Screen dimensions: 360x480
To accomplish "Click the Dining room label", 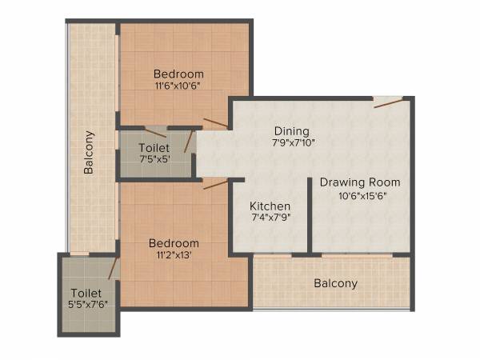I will tap(291, 131).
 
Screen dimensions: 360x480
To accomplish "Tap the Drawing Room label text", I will tap(360, 182).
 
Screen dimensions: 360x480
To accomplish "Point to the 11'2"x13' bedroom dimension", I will tap(174, 255).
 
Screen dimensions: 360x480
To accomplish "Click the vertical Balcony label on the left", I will tap(89, 153).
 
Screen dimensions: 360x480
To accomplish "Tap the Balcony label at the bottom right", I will tap(335, 283).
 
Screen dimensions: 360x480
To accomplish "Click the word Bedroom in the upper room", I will tap(179, 74).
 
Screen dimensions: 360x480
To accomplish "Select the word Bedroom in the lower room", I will tap(174, 243).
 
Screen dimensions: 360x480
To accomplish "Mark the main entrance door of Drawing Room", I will tap(388, 102).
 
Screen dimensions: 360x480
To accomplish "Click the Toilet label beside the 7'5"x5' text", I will tap(153, 148).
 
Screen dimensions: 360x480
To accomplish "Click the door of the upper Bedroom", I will tap(214, 123).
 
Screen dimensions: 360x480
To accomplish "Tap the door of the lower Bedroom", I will tap(214, 184).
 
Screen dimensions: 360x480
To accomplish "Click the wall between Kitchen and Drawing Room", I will tap(310, 216).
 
